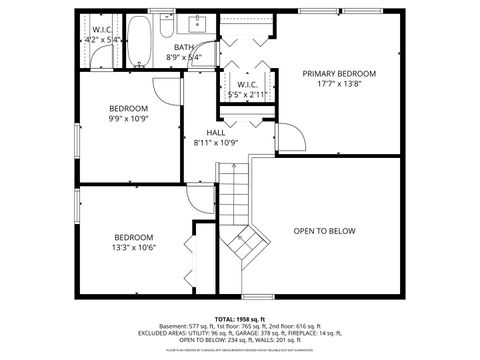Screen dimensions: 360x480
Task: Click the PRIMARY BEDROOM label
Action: [x=339, y=74]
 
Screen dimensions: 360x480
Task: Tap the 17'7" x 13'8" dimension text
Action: [x=339, y=85]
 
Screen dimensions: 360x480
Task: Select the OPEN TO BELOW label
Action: [x=324, y=231]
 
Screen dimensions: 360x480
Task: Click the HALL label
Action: [x=216, y=132]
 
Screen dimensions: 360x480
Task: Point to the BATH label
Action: [x=184, y=47]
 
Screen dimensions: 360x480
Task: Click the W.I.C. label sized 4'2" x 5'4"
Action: [x=102, y=30]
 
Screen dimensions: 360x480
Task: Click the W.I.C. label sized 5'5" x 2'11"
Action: [x=240, y=85]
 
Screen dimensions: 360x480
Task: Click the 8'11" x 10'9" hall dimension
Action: [x=216, y=143]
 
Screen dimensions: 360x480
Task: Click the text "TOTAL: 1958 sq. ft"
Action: [x=240, y=319]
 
